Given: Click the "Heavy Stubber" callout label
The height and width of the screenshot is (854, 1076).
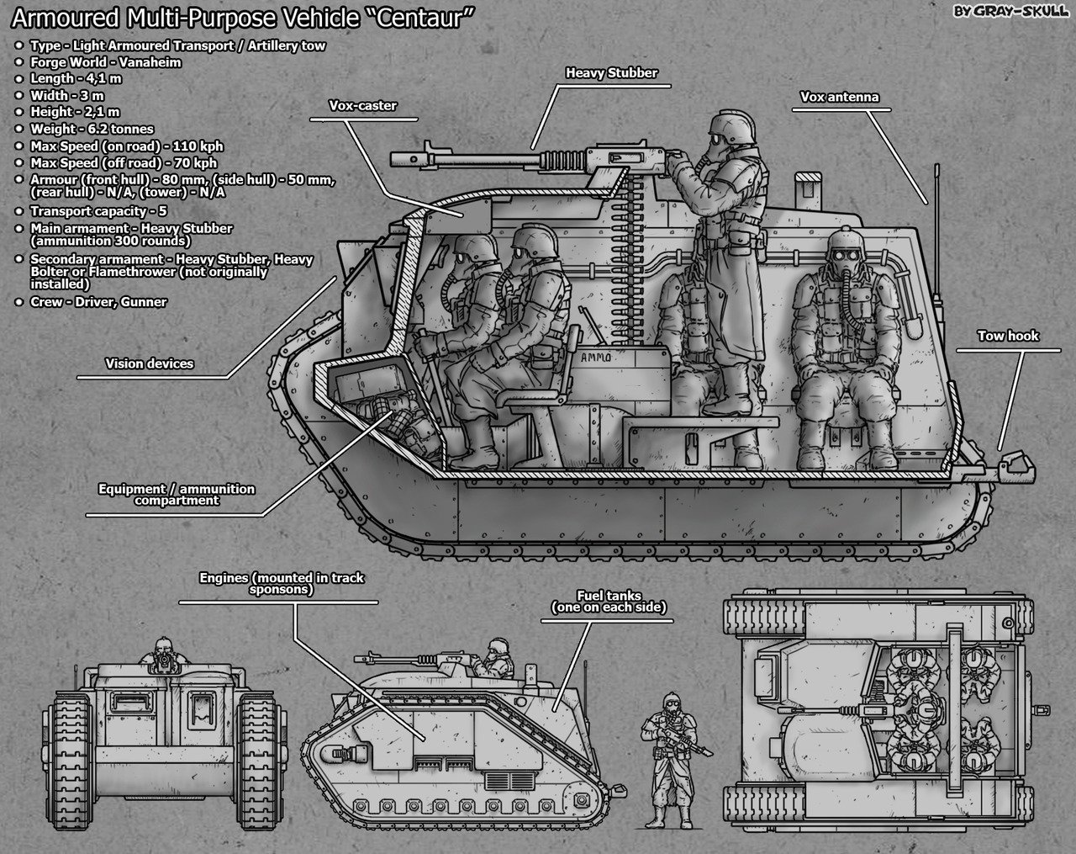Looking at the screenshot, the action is click(x=611, y=73).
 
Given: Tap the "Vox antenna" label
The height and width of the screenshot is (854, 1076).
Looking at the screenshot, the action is click(x=840, y=97).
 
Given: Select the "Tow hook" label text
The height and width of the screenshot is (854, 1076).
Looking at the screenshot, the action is click(x=1008, y=336).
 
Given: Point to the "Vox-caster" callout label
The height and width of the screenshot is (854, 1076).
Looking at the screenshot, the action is click(x=363, y=106).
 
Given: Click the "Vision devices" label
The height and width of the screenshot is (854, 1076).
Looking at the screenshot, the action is click(x=149, y=364).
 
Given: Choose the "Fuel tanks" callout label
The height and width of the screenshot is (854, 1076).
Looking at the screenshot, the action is click(x=609, y=602).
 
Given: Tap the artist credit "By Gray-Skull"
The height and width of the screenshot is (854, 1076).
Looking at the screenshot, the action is click(x=1010, y=11).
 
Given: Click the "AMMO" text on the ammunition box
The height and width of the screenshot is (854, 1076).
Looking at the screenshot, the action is click(x=596, y=358).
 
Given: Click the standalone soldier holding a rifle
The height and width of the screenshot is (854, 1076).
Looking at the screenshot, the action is click(x=672, y=761).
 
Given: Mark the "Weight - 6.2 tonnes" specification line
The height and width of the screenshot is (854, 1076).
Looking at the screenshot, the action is click(x=92, y=129).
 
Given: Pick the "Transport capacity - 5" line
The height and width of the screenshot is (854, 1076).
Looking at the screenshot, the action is click(x=98, y=211).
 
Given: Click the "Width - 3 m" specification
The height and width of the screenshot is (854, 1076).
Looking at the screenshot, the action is click(x=67, y=96).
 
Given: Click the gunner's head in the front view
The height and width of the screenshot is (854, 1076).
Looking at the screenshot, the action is click(x=163, y=650).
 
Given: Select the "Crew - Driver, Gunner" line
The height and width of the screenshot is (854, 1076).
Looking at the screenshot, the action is click(x=98, y=302).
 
